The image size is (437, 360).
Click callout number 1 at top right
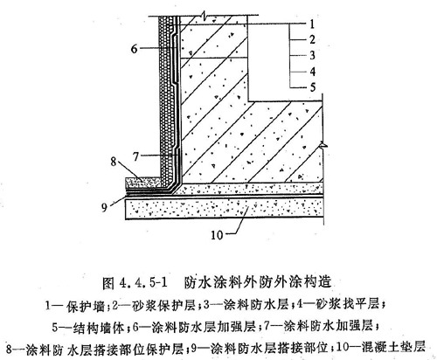click(x=312, y=24)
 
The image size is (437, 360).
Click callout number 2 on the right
click(x=312, y=39)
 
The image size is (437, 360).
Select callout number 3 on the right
click(x=312, y=55)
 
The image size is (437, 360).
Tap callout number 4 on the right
click(x=312, y=71)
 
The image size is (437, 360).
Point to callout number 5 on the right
click(x=312, y=87)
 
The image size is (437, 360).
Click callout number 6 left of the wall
click(x=134, y=49)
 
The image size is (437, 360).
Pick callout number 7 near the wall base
click(x=135, y=156)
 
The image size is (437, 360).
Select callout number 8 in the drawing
click(x=114, y=162)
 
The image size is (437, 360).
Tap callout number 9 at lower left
click(x=104, y=207)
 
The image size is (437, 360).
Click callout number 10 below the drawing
click(x=217, y=235)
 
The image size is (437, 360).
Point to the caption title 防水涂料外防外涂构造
click(x=258, y=281)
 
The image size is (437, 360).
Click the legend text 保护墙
click(x=85, y=306)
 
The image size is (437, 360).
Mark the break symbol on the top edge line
click(x=205, y=14)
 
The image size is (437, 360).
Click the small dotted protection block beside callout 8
click(x=142, y=183)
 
